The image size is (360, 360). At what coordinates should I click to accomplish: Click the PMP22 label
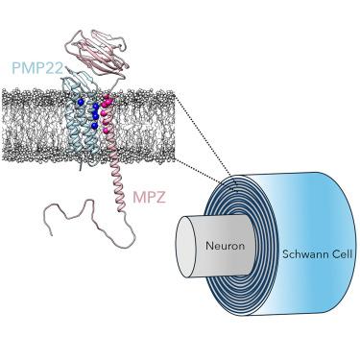pyautogui.click(x=37, y=67)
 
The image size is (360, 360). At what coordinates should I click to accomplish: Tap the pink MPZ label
pyautogui.click(x=149, y=198)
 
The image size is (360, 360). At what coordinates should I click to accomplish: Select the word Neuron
pyautogui.click(x=225, y=246)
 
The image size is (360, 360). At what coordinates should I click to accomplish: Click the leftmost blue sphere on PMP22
pyautogui.click(x=81, y=102)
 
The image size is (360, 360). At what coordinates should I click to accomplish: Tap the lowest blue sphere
pyautogui.click(x=94, y=126)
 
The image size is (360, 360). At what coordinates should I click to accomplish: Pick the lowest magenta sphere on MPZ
pyautogui.click(x=106, y=131)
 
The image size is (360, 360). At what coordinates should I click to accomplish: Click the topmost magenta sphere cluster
pyautogui.click(x=108, y=101)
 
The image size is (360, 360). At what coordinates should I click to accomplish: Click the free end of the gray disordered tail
pyautogui.click(x=52, y=235)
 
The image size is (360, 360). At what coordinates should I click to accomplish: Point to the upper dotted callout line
pyautogui.click(x=206, y=139)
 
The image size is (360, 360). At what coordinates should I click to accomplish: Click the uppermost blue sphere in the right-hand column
pyautogui.click(x=96, y=107)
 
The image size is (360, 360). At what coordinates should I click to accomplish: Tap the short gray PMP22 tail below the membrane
pyautogui.click(x=82, y=165)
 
